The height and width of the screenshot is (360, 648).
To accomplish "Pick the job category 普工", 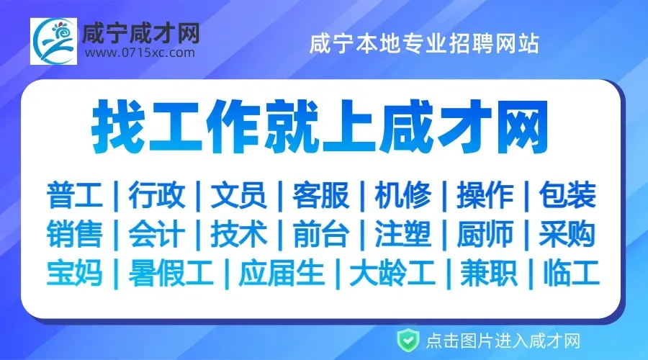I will tap(75, 195).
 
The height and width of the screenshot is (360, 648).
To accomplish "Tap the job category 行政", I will tap(157, 195).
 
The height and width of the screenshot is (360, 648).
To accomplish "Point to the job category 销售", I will tap(75, 234).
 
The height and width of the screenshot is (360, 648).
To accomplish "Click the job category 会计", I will tap(157, 234).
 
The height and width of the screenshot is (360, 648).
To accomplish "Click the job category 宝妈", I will tap(75, 273).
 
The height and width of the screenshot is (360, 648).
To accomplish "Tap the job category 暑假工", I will tap(171, 273).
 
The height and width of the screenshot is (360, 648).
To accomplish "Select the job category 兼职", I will tap(487, 273).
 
